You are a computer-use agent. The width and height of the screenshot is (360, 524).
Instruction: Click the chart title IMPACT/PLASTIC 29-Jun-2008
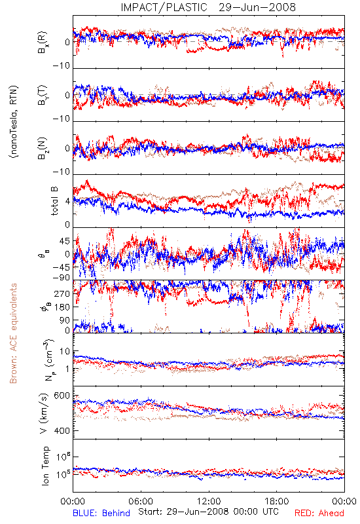(x=208, y=7)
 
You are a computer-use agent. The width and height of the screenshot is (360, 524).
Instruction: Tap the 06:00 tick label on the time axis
(x=141, y=501)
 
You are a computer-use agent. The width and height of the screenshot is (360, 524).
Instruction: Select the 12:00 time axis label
(x=209, y=501)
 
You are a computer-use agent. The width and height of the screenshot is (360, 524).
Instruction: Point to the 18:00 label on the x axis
(x=277, y=501)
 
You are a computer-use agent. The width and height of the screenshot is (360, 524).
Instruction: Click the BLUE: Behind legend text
(x=101, y=513)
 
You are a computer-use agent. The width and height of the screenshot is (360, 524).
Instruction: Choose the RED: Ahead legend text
(x=319, y=513)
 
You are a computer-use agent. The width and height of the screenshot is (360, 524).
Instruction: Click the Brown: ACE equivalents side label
(x=13, y=333)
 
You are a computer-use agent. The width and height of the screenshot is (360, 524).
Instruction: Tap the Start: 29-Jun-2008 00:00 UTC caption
(x=208, y=512)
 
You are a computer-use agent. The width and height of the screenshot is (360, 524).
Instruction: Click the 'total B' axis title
(x=54, y=201)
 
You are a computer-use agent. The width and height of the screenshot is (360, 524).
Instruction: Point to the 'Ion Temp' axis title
(x=46, y=466)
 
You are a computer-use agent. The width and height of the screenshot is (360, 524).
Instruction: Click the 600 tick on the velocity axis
(x=62, y=396)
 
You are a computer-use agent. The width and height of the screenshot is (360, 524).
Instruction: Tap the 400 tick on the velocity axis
(x=62, y=431)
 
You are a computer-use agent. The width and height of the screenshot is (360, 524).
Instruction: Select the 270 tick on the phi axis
(x=62, y=293)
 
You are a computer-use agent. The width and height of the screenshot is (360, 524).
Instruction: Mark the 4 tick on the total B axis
(x=68, y=202)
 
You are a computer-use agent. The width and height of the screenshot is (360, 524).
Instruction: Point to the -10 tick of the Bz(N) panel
(x=62, y=172)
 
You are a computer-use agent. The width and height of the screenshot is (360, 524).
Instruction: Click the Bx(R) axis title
(x=43, y=43)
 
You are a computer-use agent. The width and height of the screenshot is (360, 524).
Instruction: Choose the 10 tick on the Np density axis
(x=65, y=351)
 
